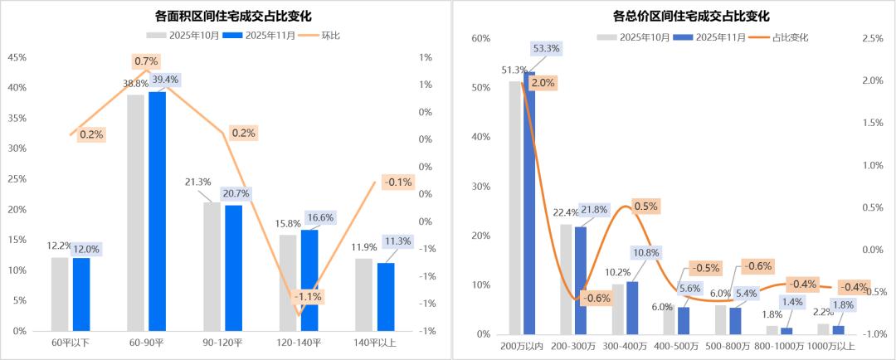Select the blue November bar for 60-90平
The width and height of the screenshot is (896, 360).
[157, 211]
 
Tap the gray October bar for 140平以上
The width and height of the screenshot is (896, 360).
[364, 294]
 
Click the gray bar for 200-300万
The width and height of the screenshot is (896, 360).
[565, 279]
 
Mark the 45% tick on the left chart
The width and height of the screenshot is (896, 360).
[17, 57]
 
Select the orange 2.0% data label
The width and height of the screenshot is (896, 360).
[543, 83]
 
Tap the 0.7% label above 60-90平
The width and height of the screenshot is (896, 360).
[146, 61]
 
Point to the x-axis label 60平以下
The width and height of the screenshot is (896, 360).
[70, 342]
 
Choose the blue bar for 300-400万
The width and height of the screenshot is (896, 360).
[632, 308]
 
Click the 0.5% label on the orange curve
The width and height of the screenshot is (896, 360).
[645, 206]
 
